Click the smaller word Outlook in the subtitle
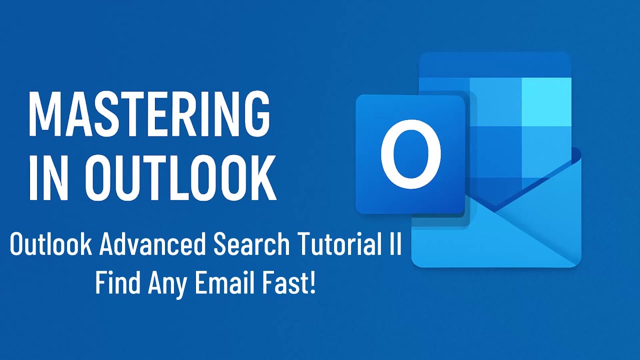coord(50,245)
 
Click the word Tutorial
coord(340,245)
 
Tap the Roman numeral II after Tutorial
coord(395,245)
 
